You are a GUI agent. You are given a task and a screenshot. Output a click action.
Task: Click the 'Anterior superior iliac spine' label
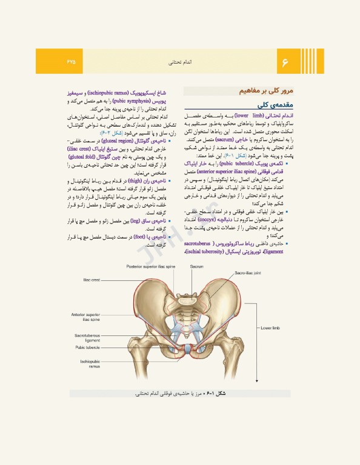[x=86, y=318]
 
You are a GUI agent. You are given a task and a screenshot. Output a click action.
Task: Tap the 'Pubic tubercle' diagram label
[x=87, y=348]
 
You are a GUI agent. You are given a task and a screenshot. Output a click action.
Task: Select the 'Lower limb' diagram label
[x=270, y=328]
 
